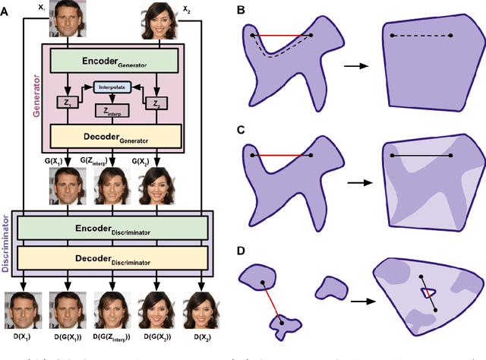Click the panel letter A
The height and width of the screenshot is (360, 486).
coord(8,10)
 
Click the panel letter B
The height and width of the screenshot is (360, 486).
coord(240,10)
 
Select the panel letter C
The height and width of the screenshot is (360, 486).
coord(240,130)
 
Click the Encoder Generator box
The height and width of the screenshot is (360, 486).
coord(112,59)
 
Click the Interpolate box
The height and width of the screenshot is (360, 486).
coord(112,88)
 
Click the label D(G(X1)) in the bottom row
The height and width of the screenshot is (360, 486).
coord(68,336)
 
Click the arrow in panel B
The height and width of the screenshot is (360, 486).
coord(351,67)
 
